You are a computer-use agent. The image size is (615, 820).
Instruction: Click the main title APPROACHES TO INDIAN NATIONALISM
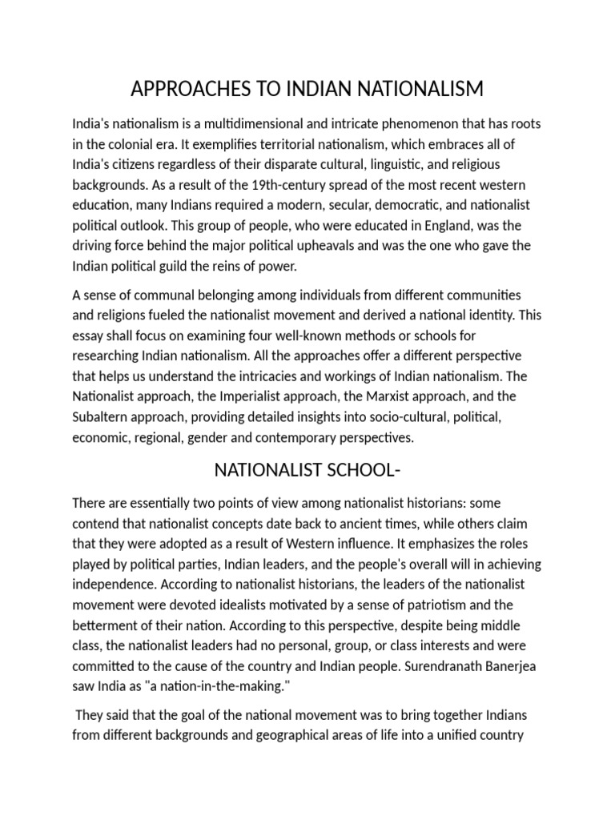[307, 89]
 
